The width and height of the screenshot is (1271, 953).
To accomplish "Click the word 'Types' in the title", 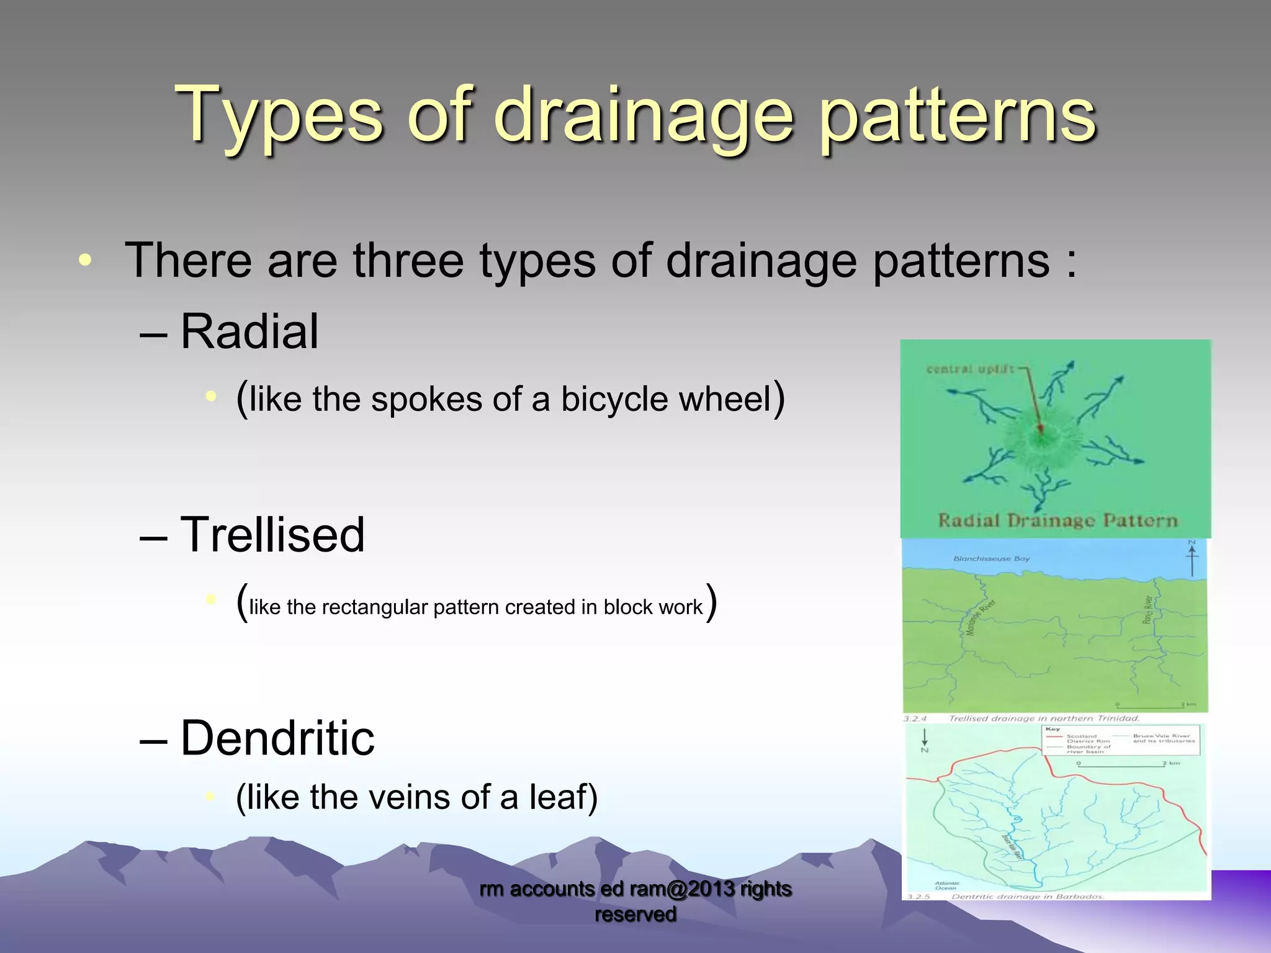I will point(279,115).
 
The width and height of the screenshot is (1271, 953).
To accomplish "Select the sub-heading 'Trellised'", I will point(272,535).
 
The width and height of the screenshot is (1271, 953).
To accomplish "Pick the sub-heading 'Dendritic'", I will point(277,738).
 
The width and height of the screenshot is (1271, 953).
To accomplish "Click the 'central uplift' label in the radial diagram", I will point(969,369).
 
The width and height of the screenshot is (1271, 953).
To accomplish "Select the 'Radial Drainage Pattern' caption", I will point(1057,520).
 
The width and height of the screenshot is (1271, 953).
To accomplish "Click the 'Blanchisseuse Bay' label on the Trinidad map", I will point(991,558).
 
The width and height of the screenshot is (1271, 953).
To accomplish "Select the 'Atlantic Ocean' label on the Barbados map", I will point(947,885).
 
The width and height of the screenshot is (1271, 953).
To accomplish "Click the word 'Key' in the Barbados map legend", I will point(1053,729).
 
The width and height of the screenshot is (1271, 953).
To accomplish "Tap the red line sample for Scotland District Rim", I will point(1054,736).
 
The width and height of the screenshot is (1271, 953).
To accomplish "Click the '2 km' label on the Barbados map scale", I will point(1170,763).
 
